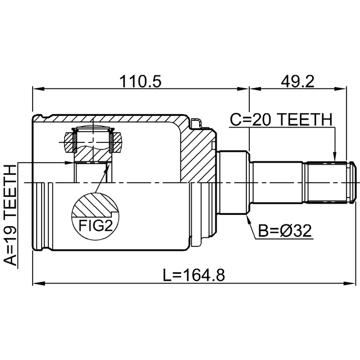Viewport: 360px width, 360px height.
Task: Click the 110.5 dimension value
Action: (x=140, y=82)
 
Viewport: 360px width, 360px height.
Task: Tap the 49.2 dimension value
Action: (x=298, y=82)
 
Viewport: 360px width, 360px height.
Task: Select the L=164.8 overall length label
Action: (x=193, y=275)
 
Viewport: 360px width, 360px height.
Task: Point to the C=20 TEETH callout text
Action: (x=281, y=119)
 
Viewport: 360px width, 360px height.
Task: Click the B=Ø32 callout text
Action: (x=285, y=231)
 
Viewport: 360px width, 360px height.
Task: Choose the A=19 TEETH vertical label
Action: (x=10, y=215)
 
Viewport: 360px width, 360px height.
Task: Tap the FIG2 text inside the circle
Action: (x=96, y=226)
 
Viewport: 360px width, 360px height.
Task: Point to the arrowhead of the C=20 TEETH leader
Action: (x=335, y=159)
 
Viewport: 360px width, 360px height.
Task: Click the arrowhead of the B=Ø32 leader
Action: (x=248, y=218)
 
